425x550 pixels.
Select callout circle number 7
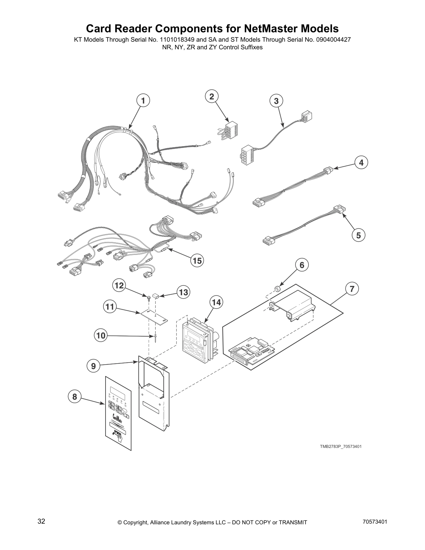pyautogui.click(x=352, y=289)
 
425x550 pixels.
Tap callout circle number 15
pyautogui.click(x=197, y=260)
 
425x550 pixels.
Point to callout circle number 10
pyautogui.click(x=100, y=335)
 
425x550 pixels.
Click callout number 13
pyautogui.click(x=183, y=292)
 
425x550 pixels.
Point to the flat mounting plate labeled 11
pyautogui.click(x=154, y=316)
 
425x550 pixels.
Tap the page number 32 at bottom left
pyautogui.click(x=41, y=522)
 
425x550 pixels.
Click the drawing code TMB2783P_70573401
pyautogui.click(x=340, y=447)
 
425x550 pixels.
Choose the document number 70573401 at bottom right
pyautogui.click(x=375, y=522)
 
